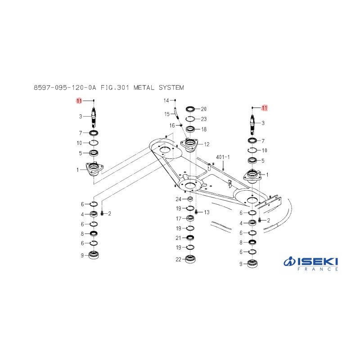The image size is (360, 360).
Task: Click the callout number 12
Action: [x=207, y=144]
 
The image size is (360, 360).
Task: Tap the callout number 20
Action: [x=204, y=109]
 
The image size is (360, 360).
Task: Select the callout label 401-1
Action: [x=223, y=157]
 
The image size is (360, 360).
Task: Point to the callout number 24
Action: [x=178, y=199]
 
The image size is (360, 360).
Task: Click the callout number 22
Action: [x=178, y=260]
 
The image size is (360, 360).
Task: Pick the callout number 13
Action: [x=207, y=212]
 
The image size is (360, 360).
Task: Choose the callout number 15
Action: [x=167, y=114]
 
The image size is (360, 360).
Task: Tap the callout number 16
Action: [x=172, y=126]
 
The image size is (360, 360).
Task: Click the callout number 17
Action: [x=179, y=219]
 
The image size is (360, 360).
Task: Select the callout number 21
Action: [x=178, y=238]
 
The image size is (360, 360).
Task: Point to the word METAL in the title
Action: [x=144, y=87]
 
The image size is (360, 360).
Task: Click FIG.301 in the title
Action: [x=115, y=87]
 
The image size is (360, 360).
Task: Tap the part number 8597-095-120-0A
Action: [x=65, y=87]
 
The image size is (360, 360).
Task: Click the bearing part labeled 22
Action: [x=190, y=259]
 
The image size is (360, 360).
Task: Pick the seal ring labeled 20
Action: [x=190, y=109]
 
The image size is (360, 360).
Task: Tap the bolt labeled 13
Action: [x=196, y=212]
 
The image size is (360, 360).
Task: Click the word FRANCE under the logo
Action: [x=318, y=269]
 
